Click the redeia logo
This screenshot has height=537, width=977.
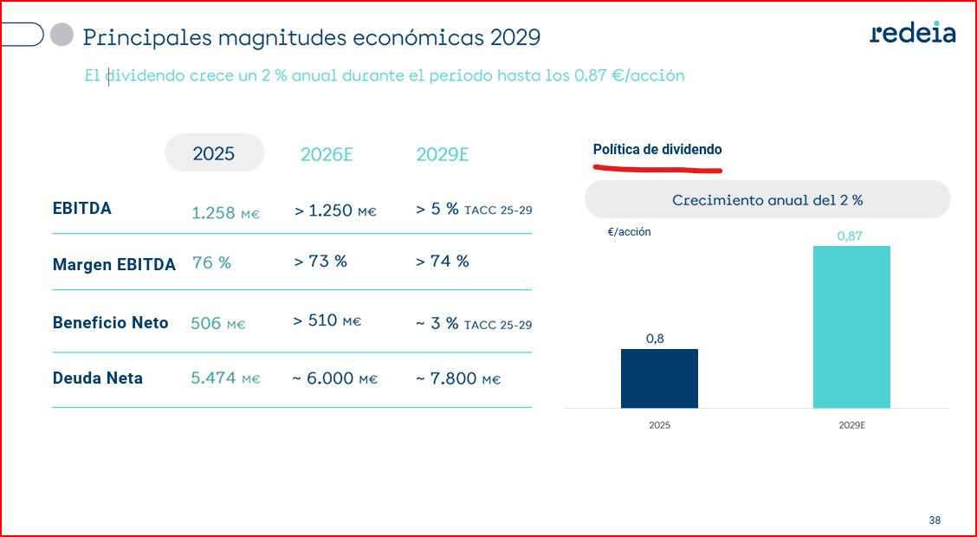(x=913, y=33)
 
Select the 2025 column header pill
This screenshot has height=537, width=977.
(x=214, y=153)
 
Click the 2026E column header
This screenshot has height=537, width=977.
(x=327, y=155)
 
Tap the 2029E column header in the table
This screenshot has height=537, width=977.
(x=442, y=155)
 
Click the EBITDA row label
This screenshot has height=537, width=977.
(x=82, y=209)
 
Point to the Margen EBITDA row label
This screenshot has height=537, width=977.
(x=113, y=265)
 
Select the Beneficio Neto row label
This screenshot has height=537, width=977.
(x=110, y=322)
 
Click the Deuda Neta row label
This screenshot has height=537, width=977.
(x=98, y=378)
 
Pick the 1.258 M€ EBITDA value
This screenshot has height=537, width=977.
(x=225, y=212)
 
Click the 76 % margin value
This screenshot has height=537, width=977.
(x=211, y=262)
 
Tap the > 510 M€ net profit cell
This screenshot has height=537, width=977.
(x=327, y=321)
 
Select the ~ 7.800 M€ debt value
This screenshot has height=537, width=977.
(x=457, y=379)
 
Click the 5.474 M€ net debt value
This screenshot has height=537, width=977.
(x=225, y=379)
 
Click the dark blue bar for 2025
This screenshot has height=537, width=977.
(x=659, y=378)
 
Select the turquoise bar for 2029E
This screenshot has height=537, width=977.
(x=851, y=327)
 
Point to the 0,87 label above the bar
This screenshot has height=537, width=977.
(x=851, y=236)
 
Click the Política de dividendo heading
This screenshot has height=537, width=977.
(x=657, y=150)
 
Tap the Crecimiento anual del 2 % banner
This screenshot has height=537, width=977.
(x=767, y=199)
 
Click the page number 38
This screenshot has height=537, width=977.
(x=935, y=521)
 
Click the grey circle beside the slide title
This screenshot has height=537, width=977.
(x=61, y=35)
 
